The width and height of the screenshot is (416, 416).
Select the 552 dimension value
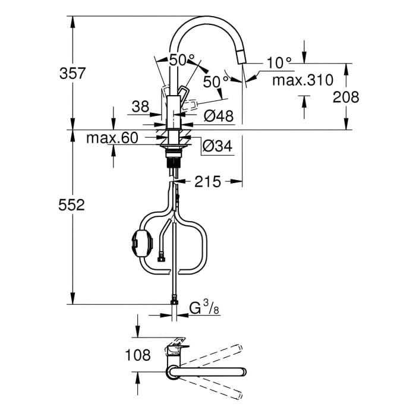click(x=73, y=206)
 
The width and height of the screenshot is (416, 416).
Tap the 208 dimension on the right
click(x=346, y=97)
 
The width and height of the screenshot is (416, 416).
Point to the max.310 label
click(x=302, y=80)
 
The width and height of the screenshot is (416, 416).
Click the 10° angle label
click(x=279, y=62)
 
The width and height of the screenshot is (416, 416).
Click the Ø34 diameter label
click(x=217, y=146)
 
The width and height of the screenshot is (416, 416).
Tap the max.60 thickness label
click(x=112, y=138)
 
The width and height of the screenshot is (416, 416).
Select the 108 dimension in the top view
click(x=138, y=355)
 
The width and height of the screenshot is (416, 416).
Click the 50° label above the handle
click(x=182, y=60)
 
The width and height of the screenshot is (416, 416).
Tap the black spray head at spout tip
click(x=240, y=57)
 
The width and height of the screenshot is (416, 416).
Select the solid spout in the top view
click(x=208, y=373)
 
